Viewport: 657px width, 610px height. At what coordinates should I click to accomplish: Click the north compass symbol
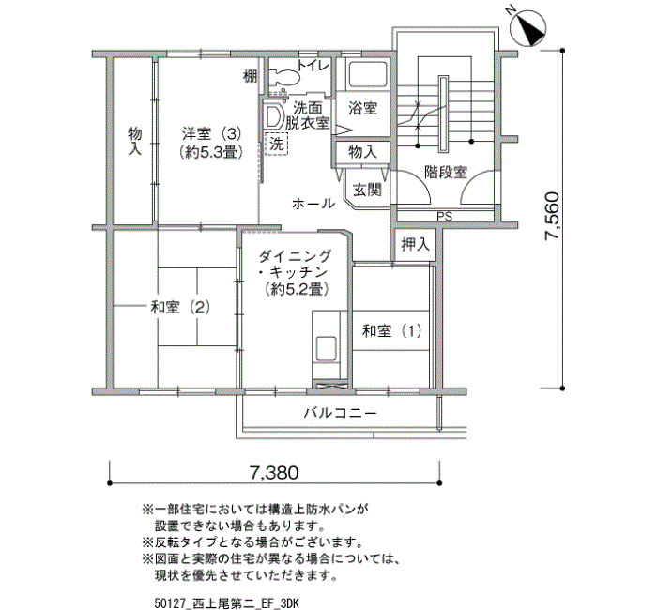pos(527,27)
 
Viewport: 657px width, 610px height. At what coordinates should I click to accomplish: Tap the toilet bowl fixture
pos(284,77)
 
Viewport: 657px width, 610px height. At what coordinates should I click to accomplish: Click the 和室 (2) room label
pos(180,308)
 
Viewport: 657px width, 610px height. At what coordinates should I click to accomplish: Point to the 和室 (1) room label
pos(391,331)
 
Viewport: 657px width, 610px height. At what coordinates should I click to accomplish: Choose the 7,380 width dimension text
pos(274,473)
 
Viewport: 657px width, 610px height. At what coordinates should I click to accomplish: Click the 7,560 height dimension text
pos(552,216)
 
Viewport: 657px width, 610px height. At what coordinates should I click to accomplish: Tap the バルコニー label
pos(340,413)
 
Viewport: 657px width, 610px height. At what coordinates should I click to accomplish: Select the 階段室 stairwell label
pos(446,172)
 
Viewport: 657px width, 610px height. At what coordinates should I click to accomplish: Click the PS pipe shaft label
pos(444,217)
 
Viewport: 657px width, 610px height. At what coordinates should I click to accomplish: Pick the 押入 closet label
pos(415,244)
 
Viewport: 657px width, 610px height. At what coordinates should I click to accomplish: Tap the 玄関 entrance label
pos(367,190)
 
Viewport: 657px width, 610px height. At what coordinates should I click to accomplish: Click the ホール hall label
pos(313,204)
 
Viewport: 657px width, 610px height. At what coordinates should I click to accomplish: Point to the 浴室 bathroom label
pos(362,109)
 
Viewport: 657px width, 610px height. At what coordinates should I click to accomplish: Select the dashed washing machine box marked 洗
pos(277,145)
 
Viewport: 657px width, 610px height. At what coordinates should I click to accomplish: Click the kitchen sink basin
pos(327,349)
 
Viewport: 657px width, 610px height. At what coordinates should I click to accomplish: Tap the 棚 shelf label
pos(251,77)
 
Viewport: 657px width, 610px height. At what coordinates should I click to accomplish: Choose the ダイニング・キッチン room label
pos(296,272)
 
